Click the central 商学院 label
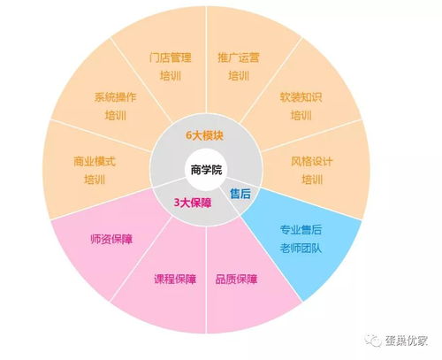(x=206, y=170)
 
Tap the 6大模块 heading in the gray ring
(x=204, y=135)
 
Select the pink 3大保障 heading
(x=193, y=203)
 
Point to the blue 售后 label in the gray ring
(x=240, y=194)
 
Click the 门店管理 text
(x=171, y=57)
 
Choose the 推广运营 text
(x=239, y=57)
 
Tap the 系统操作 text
(x=116, y=97)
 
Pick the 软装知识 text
(x=301, y=97)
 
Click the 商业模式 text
(x=95, y=161)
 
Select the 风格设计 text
(x=312, y=161)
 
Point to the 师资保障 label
(x=111, y=239)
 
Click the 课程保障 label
(x=175, y=279)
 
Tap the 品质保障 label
(x=236, y=279)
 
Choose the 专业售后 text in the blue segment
(x=301, y=229)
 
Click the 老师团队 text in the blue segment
(x=301, y=248)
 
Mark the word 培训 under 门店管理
(x=171, y=76)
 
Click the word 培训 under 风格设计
(x=312, y=180)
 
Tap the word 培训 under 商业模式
(x=95, y=180)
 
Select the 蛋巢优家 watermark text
(x=407, y=341)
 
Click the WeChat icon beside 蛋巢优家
(x=373, y=341)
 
